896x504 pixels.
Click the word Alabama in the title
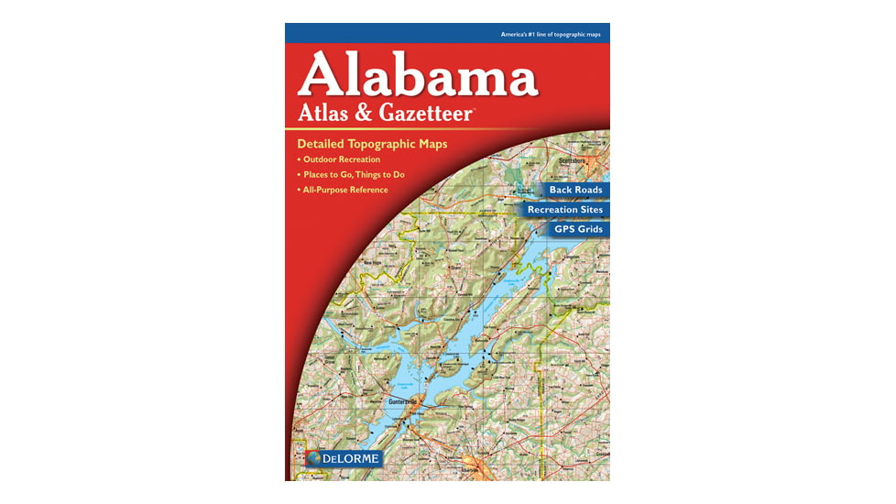[418, 74]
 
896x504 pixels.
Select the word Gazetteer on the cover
[427, 113]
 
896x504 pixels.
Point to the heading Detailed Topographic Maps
[371, 145]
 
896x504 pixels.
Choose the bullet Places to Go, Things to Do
[354, 174]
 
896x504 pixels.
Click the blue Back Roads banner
[575, 190]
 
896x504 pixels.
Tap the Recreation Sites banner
[564, 210]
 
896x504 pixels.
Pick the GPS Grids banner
[578, 229]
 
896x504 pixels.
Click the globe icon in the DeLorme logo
[313, 457]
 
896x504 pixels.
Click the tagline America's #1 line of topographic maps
[551, 34]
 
